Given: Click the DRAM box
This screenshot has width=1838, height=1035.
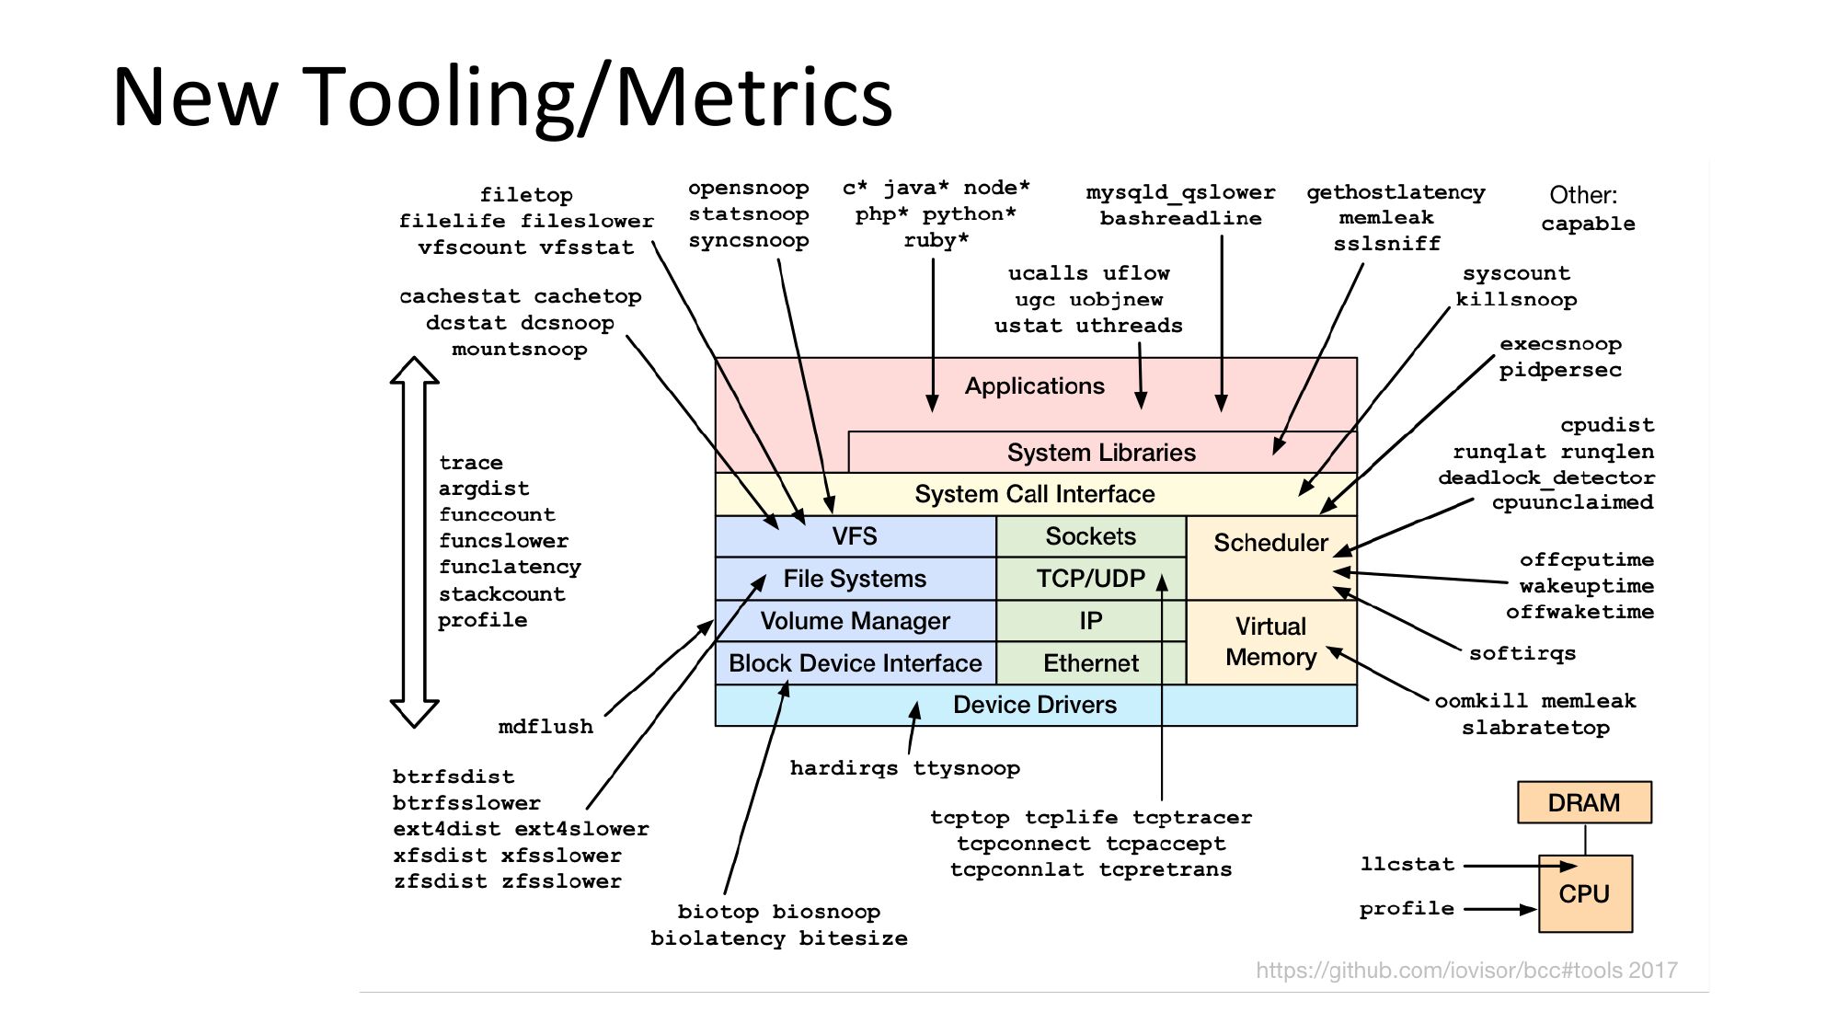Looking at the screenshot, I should pos(1583,802).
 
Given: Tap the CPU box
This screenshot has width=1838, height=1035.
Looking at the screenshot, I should pos(1584,893).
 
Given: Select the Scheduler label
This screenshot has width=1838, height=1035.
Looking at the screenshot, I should pos(1270,543).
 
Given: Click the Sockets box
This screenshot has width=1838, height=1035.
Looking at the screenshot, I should pos(1090,536).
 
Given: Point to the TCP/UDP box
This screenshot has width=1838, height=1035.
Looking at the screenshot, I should pos(1090,579).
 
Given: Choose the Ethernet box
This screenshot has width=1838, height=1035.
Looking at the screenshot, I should pos(1090,663).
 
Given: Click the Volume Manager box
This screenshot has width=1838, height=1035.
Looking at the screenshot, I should pos(855,621).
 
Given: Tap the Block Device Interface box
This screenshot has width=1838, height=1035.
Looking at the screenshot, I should pos(855,663).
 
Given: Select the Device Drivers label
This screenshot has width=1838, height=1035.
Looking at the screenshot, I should pos(1034,705).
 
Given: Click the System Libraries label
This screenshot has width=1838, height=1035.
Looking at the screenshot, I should pos(1100,453).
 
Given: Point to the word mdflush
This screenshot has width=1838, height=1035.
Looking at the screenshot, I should pos(546,727).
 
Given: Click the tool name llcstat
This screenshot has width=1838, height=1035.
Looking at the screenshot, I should pos(1407,865).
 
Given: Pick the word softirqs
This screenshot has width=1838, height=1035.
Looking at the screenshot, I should pos(1522,653).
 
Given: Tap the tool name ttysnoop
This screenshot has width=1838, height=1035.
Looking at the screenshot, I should pos(966,768).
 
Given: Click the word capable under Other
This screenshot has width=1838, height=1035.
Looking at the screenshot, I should pos(1588,224).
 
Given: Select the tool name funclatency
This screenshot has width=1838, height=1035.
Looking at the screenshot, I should pos(510,567).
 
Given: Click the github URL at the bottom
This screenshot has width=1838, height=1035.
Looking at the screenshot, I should pos(1466,971).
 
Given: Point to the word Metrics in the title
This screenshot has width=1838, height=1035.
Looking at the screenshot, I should pos(753,97).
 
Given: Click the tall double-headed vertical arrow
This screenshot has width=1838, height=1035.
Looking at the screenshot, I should pos(414,542).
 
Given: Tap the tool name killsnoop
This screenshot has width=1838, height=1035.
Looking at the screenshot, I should pos(1515,300).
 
